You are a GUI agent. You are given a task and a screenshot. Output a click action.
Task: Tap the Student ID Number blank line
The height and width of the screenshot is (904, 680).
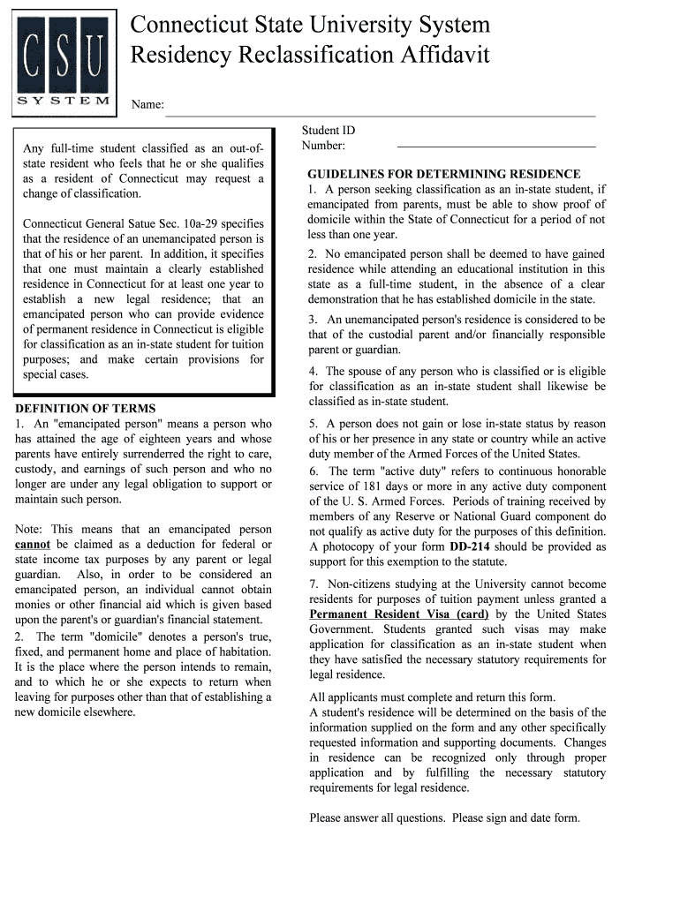(495, 146)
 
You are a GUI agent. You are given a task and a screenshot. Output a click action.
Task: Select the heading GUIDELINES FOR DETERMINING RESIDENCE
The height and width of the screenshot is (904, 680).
(444, 174)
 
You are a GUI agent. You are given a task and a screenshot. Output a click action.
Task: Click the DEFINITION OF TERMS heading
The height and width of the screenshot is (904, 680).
(86, 409)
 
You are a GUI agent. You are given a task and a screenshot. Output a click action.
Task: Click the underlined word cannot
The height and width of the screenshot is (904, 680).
(33, 545)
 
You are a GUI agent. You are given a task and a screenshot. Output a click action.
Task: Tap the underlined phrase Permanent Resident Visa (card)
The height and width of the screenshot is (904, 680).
(399, 614)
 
